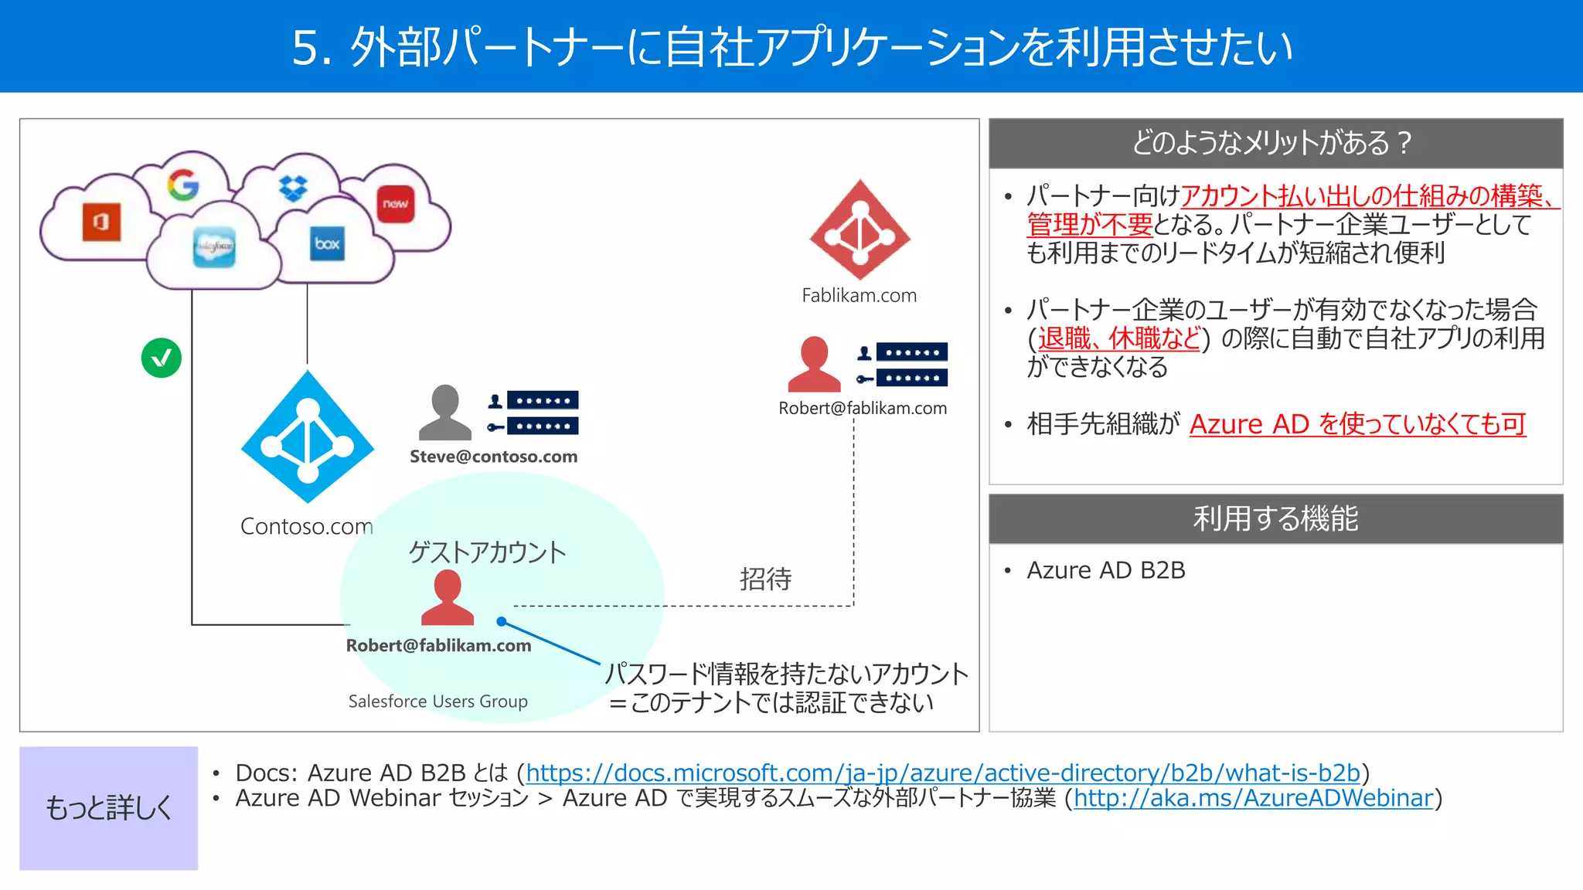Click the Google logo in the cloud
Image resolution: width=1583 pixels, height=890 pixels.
click(x=183, y=185)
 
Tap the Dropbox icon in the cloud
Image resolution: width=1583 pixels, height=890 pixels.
click(x=293, y=187)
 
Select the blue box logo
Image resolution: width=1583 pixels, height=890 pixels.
click(x=327, y=243)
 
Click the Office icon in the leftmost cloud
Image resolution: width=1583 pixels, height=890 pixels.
click(x=101, y=222)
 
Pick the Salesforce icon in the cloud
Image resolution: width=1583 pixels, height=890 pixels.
click(x=214, y=247)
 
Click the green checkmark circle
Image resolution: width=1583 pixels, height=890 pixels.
click(x=162, y=358)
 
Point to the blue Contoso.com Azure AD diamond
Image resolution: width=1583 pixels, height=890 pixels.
click(x=308, y=437)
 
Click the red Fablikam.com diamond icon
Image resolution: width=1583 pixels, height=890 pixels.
click(x=860, y=230)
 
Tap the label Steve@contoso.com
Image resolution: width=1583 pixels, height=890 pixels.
click(x=493, y=457)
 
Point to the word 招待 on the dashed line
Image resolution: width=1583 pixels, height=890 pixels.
click(x=765, y=579)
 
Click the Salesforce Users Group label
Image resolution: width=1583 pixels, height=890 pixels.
click(x=437, y=701)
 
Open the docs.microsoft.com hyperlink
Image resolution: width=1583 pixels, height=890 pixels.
click(x=942, y=773)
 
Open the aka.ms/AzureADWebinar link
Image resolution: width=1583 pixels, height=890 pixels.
click(x=1253, y=798)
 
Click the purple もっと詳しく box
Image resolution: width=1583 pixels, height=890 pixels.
click(x=109, y=808)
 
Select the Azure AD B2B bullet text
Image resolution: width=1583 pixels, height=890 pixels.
click(x=1105, y=570)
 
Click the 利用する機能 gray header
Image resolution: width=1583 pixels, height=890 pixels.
click(x=1275, y=518)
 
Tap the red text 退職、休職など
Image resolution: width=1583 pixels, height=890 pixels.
click(x=1119, y=338)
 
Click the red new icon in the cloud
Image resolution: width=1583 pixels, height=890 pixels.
click(x=396, y=204)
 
